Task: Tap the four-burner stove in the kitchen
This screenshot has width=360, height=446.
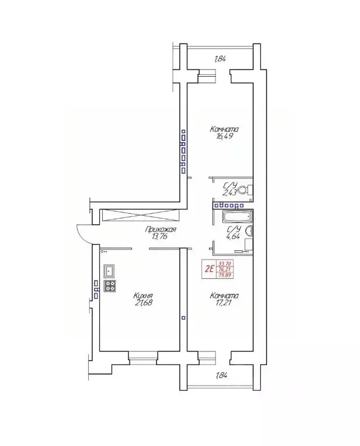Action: coord(109,286)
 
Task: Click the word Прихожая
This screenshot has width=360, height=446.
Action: coord(161,229)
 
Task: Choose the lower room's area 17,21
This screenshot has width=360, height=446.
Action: coord(224,303)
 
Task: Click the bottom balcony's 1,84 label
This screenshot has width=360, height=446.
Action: coord(221,375)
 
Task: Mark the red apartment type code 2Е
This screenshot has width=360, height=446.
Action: coord(209,268)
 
